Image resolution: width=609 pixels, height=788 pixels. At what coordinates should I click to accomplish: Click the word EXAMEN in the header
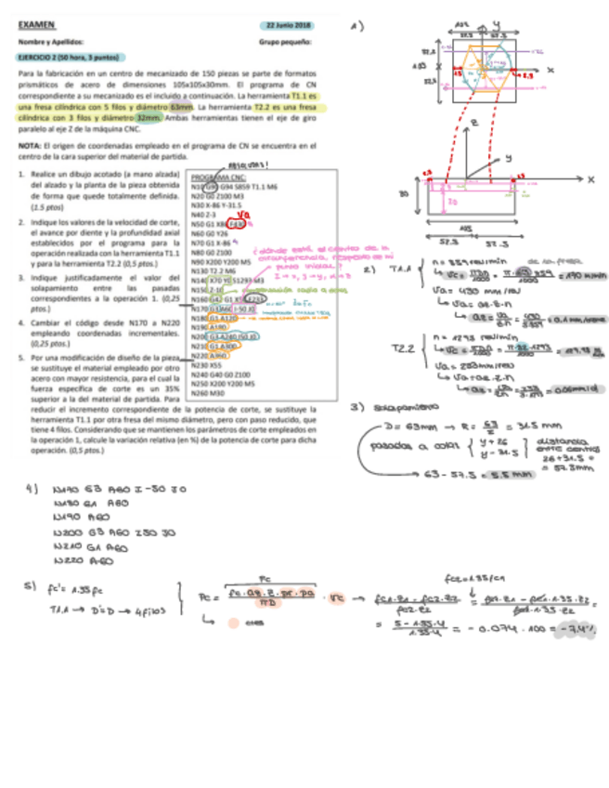pyautogui.click(x=35, y=27)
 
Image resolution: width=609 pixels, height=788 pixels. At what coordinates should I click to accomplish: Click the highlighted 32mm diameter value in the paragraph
pyautogui.click(x=148, y=118)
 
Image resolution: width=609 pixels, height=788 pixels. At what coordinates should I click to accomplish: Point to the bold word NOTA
pyautogui.click(x=28, y=146)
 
